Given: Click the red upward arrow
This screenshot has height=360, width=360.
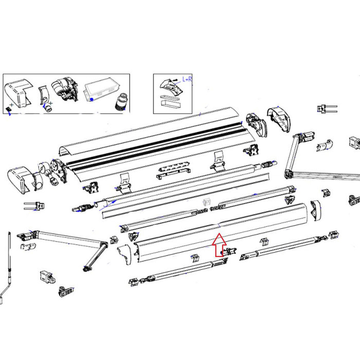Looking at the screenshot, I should coord(219,245).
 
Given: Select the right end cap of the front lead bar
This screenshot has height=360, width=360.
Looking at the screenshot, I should coord(315,208).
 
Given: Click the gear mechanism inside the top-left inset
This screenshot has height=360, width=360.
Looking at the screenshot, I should coord(64,92).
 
